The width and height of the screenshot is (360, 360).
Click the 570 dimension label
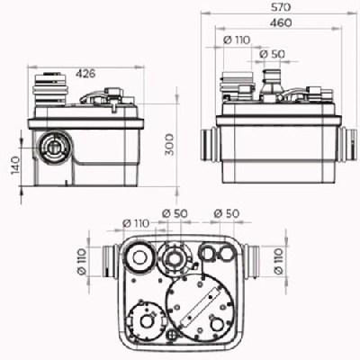281,7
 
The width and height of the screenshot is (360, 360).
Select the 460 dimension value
281,22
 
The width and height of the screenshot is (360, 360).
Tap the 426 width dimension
85,73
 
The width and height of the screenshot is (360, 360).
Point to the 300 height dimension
169,145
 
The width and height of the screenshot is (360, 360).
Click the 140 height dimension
15,166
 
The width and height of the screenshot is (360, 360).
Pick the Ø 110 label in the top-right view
237,40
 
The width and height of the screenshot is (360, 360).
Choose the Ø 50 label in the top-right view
272,54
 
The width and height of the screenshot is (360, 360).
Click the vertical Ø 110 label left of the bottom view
82,261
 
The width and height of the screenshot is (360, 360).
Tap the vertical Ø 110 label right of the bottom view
278,261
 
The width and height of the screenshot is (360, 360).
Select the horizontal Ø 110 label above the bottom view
136,223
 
